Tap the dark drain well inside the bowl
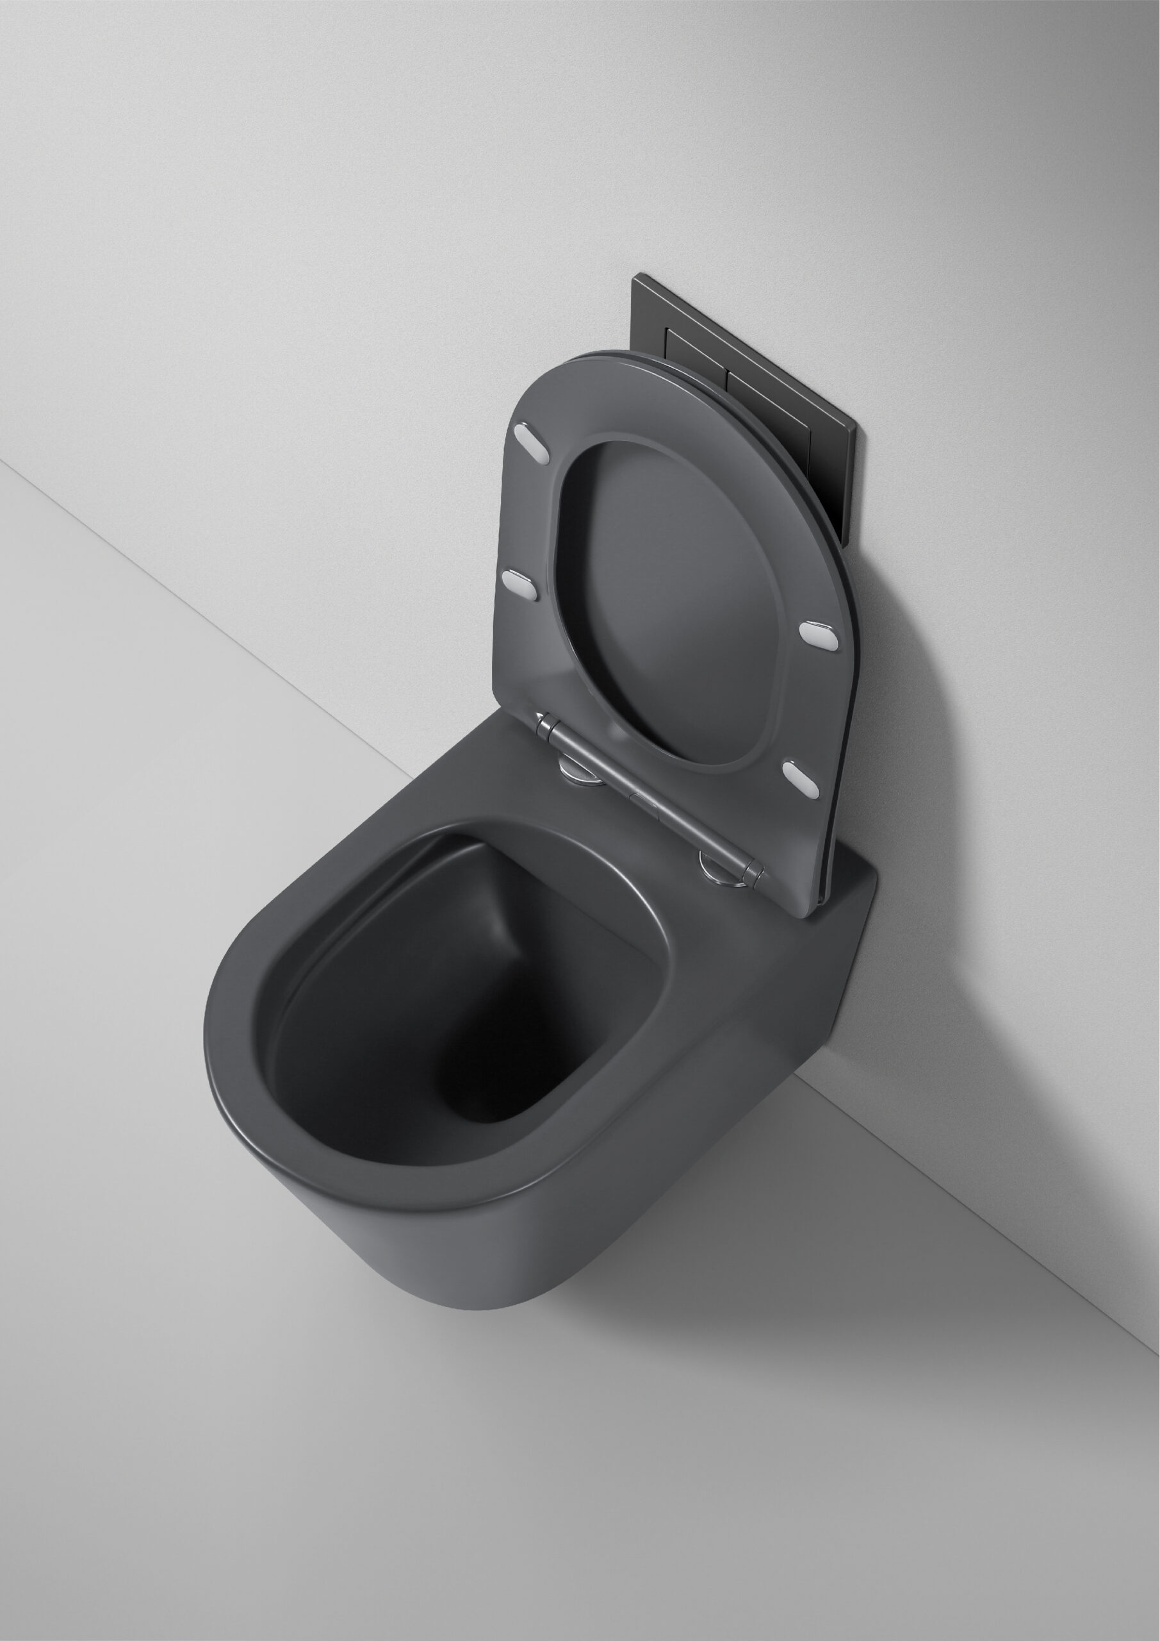tap(493, 1087)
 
